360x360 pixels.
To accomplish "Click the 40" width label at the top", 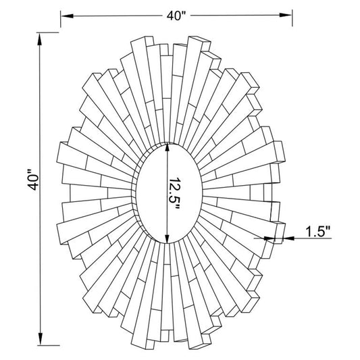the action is (176, 16).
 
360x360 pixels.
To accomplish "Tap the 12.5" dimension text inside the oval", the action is (175, 194).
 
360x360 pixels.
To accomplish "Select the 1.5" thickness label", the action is (318, 232).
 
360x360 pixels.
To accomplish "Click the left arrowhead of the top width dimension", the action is (67, 16).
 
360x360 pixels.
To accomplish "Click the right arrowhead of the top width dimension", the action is (286, 15).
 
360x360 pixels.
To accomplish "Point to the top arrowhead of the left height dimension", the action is (40, 39).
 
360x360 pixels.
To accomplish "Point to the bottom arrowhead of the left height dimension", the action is (41, 338).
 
